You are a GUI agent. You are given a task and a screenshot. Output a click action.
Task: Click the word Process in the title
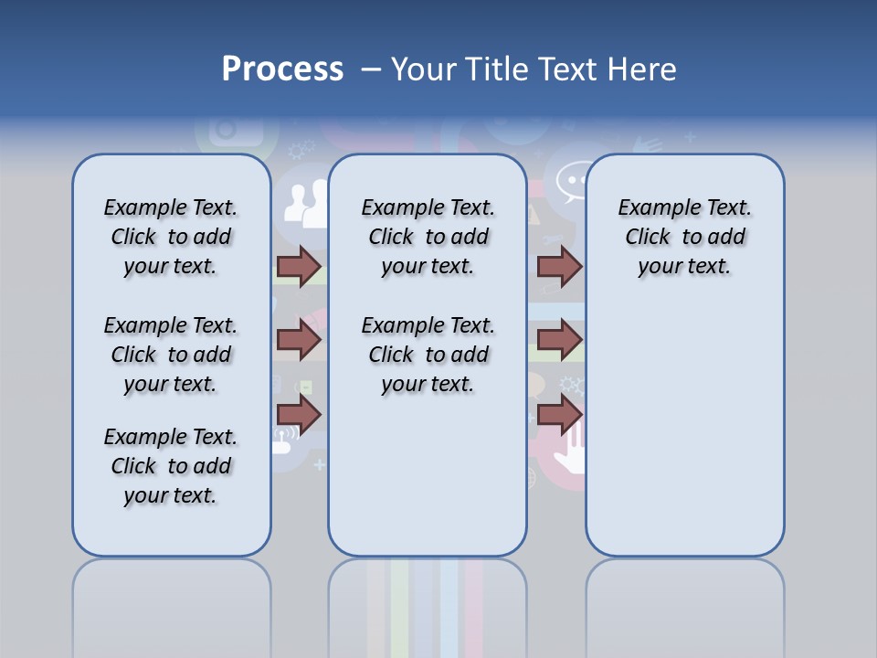(282, 69)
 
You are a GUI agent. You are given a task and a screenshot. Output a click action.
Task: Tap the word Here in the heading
(639, 69)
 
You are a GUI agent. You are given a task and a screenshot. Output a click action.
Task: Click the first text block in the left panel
(171, 237)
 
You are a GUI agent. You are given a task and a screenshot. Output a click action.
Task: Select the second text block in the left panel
(171, 355)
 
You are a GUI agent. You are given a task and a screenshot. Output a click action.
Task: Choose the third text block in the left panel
(171, 466)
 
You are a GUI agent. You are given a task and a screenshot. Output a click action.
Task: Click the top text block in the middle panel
(428, 237)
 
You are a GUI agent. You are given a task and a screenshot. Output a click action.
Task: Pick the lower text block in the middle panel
(428, 355)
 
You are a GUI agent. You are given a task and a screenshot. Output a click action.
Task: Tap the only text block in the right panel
(684, 237)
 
